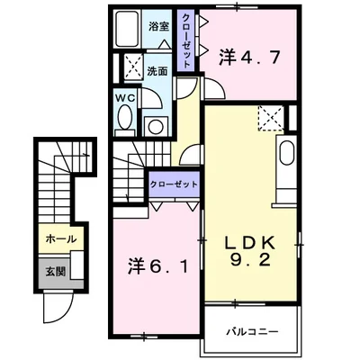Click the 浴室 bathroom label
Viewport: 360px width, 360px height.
[x=159, y=26]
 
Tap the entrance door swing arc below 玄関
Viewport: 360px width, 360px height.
[x=56, y=310]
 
